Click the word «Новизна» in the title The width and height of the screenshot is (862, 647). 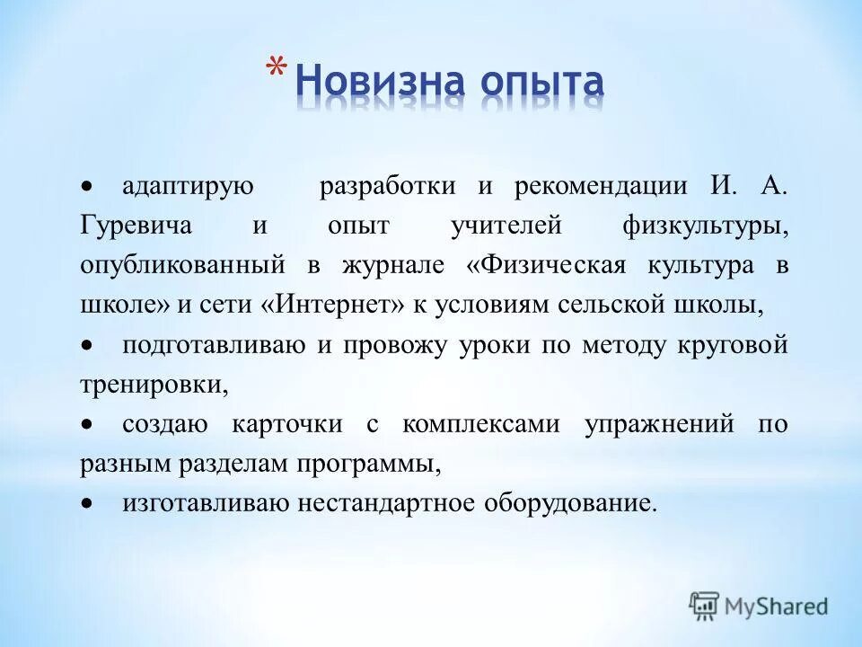click(x=380, y=84)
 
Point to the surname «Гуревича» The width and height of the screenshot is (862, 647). click(x=135, y=226)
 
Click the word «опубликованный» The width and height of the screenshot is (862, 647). click(x=182, y=265)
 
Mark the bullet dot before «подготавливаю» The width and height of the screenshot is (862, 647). click(x=88, y=345)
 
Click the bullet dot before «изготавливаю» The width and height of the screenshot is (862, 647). click(x=88, y=502)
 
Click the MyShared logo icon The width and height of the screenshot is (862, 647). click(x=705, y=605)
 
